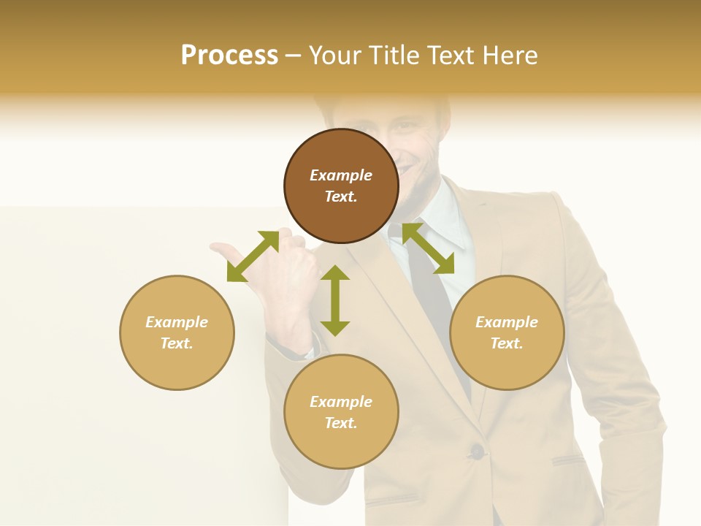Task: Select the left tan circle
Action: tap(177, 332)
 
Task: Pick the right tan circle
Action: tap(507, 332)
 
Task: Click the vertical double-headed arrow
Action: tap(335, 300)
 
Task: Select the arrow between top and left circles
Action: tap(253, 256)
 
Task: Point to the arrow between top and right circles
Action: tap(428, 248)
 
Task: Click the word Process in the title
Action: tap(229, 55)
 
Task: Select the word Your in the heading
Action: tap(335, 55)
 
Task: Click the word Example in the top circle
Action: tap(341, 175)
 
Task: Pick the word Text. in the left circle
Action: tap(177, 343)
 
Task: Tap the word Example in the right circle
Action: tap(507, 322)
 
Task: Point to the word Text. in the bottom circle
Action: tap(341, 423)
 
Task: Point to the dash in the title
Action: tap(293, 56)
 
